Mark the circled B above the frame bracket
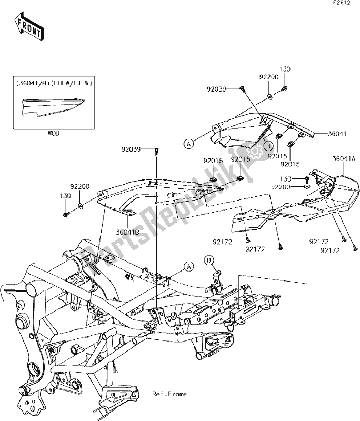pyautogui.click(x=209, y=260)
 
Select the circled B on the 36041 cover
pyautogui.click(x=267, y=146)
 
